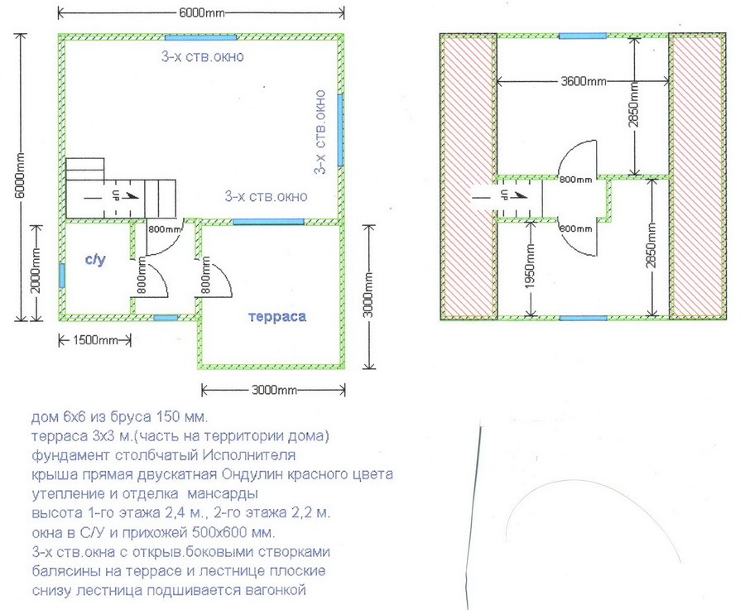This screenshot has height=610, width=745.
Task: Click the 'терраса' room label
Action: [277, 317]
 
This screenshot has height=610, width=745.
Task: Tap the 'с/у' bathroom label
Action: [95, 260]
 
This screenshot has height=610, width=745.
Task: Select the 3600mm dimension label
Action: [583, 81]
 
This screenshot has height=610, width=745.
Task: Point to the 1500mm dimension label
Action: [95, 340]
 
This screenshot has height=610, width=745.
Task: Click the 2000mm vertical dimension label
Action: [36, 272]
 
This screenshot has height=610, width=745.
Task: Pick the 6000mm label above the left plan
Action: [201, 12]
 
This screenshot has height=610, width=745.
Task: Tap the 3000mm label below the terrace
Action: [274, 391]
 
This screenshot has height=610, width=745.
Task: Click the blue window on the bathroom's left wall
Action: [62, 276]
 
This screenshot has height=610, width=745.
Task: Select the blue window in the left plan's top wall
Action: [200, 37]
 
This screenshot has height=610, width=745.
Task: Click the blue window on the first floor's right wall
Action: [341, 130]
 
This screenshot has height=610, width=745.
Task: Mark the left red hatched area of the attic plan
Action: [469, 177]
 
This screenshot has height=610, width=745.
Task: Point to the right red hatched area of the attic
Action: [696, 177]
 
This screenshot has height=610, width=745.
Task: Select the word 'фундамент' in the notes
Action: [71, 455]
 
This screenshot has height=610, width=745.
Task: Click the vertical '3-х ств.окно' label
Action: [320, 132]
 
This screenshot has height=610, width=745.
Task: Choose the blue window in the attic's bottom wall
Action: [583, 318]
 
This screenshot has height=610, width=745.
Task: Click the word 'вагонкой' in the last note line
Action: [275, 590]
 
